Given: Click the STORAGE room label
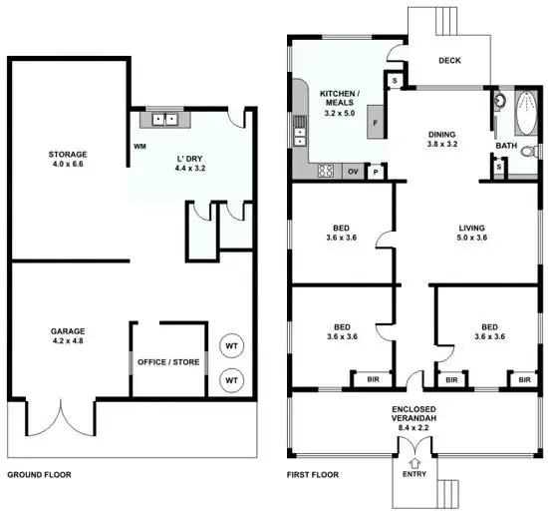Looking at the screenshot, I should coord(69,155).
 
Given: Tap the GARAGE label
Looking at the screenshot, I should coord(69,331).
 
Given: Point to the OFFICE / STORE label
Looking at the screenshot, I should coord(167,361).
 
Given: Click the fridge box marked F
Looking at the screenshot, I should coord(375,125).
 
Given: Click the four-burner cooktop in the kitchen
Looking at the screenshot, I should coord(326,171).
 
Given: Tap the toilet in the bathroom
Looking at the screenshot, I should coord(528,152).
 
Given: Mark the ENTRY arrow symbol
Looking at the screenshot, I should coord(413,462).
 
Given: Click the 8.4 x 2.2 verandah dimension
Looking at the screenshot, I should coord(413,426).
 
